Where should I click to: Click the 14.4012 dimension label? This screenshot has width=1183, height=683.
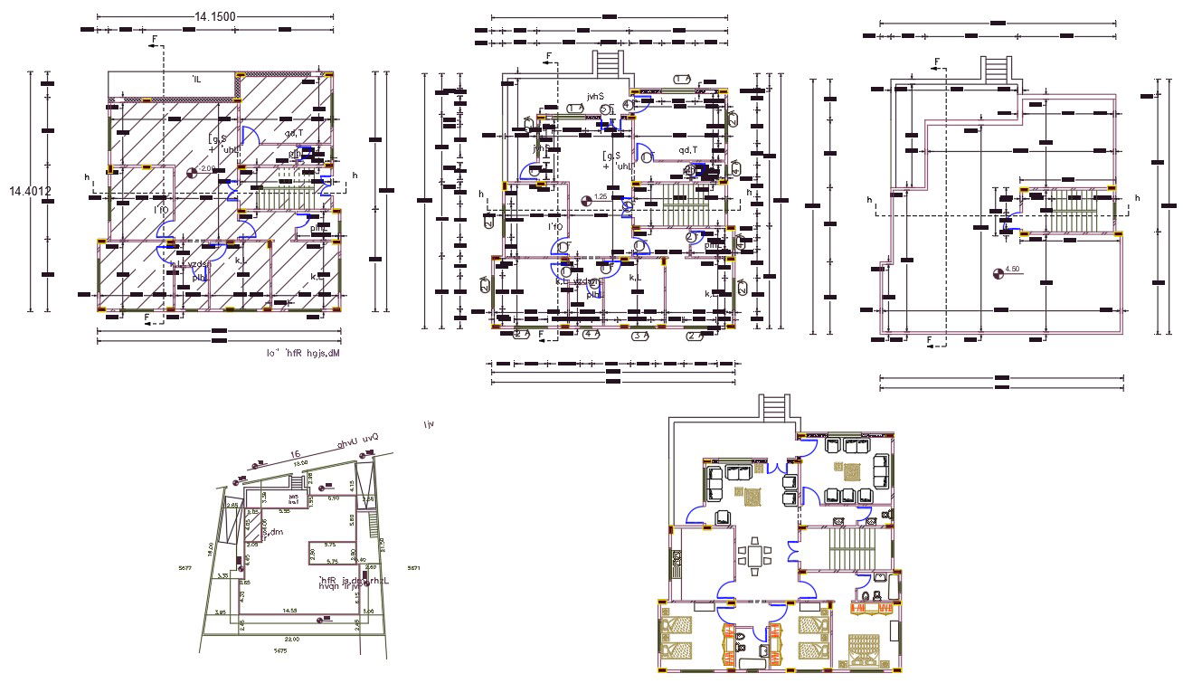click(x=30, y=191)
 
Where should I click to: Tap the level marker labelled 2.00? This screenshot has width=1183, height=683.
click(x=192, y=171)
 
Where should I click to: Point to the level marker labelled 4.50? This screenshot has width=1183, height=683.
click(x=998, y=270)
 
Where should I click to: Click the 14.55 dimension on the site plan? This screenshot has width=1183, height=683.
click(x=289, y=612)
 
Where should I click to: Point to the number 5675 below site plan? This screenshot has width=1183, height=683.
click(x=279, y=650)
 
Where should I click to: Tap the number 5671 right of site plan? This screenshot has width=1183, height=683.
click(x=413, y=568)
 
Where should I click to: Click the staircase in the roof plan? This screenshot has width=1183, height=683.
click(x=1065, y=212)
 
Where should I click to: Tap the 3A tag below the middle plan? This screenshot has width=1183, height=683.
click(x=639, y=335)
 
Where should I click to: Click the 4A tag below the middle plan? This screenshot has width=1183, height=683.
click(x=591, y=335)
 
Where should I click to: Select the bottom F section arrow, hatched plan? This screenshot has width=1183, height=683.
click(x=147, y=318)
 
